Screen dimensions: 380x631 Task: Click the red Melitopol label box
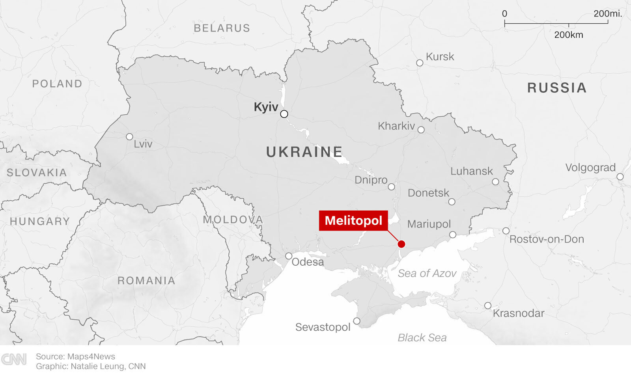353,220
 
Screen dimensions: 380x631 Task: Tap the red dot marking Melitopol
401,244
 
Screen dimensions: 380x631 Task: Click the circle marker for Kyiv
284,114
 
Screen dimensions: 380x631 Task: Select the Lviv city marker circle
129,137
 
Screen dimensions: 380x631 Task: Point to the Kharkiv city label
396,126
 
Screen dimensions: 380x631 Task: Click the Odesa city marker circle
289,256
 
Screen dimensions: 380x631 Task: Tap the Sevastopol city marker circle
357,321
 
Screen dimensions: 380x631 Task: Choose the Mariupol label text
429,224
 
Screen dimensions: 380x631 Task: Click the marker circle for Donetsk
452,202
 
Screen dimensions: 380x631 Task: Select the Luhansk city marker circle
495,182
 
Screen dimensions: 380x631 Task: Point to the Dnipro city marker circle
391,187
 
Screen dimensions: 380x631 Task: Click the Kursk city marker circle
420,63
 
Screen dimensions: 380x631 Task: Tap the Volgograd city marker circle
620,177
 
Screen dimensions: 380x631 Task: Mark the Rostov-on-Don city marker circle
506,231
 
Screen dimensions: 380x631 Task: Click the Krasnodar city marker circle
488,305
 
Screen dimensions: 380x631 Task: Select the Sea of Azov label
427,273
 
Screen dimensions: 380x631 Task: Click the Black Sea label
422,338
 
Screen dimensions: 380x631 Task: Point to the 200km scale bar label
568,35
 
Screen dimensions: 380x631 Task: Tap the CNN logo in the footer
14,359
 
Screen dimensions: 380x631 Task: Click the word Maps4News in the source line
91,356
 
